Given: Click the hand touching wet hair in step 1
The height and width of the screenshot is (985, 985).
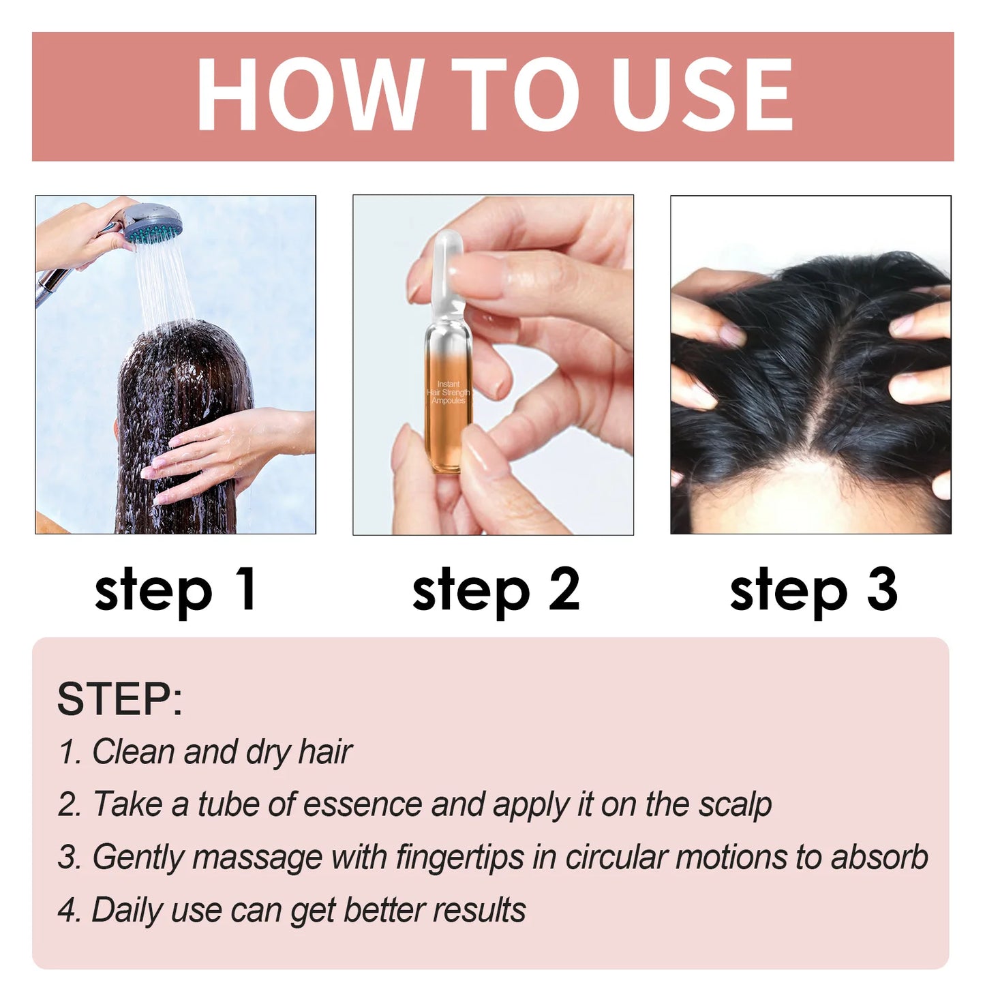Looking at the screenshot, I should pyautogui.click(x=218, y=450).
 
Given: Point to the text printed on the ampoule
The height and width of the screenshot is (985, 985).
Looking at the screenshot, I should pyautogui.click(x=449, y=393).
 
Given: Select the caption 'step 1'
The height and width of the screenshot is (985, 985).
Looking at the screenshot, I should pyautogui.click(x=175, y=590).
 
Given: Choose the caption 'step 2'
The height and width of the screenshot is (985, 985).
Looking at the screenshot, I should pyautogui.click(x=496, y=590).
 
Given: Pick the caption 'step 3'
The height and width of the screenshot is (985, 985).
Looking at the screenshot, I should pyautogui.click(x=813, y=590).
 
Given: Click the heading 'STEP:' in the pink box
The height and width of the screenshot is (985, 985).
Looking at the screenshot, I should pyautogui.click(x=119, y=699).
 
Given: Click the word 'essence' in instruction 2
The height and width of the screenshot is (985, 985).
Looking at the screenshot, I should pyautogui.click(x=362, y=804).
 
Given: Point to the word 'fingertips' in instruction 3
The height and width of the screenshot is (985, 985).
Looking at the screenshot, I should pyautogui.click(x=459, y=858).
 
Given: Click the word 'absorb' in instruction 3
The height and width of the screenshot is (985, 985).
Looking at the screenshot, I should pyautogui.click(x=879, y=857).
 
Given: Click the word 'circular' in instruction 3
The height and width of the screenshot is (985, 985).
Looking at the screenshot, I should pyautogui.click(x=616, y=857).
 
